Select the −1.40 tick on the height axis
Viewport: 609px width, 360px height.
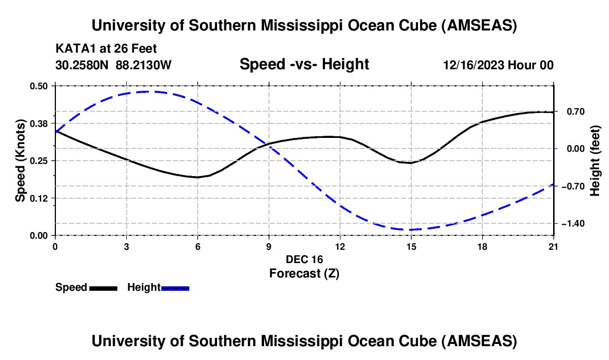(x=571, y=223)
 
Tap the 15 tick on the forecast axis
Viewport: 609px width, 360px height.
(x=411, y=246)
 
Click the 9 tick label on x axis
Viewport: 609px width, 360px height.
(x=269, y=246)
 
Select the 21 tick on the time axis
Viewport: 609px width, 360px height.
(x=554, y=246)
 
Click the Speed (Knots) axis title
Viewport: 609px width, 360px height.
(x=20, y=161)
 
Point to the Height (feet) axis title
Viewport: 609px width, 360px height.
(x=595, y=161)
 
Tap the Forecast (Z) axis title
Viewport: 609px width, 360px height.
(x=304, y=273)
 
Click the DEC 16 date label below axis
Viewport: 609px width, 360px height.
(x=304, y=259)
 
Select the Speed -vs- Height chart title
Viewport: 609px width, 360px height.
(x=304, y=64)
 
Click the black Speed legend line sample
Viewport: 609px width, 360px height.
(x=103, y=288)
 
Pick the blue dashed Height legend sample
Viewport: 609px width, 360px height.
(x=175, y=288)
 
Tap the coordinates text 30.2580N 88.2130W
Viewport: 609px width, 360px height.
(x=113, y=65)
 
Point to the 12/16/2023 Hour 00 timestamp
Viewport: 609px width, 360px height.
(x=498, y=65)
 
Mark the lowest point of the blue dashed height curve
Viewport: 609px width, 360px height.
(x=411, y=229)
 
